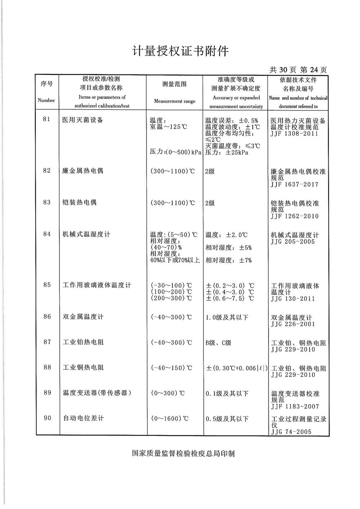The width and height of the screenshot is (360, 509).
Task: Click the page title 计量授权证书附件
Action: point(180,51)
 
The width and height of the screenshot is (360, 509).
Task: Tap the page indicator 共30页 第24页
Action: point(298,70)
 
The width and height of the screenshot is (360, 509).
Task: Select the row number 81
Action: point(46,120)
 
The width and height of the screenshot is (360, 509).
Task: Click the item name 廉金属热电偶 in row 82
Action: point(83,171)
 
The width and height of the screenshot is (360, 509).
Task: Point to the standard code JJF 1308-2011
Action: point(294,134)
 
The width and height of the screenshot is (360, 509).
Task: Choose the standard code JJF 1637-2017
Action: point(294,185)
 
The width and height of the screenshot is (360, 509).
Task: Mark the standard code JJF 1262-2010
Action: point(294,216)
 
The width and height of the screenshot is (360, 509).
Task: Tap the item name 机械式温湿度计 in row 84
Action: point(86,234)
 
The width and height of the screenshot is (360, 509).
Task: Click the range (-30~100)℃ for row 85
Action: point(171,285)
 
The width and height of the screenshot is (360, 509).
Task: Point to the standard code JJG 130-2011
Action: point(293,299)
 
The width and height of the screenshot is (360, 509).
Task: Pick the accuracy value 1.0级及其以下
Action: point(227,317)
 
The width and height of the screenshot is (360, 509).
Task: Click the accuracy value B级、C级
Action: point(219,343)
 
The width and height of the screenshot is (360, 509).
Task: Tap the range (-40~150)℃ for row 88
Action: point(171,368)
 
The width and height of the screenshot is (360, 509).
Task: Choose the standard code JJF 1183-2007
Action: point(295,406)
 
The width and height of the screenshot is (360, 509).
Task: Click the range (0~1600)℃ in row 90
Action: point(170,419)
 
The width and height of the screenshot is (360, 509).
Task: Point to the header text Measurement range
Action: point(175,102)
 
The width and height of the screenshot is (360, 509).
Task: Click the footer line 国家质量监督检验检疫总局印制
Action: point(183,454)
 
